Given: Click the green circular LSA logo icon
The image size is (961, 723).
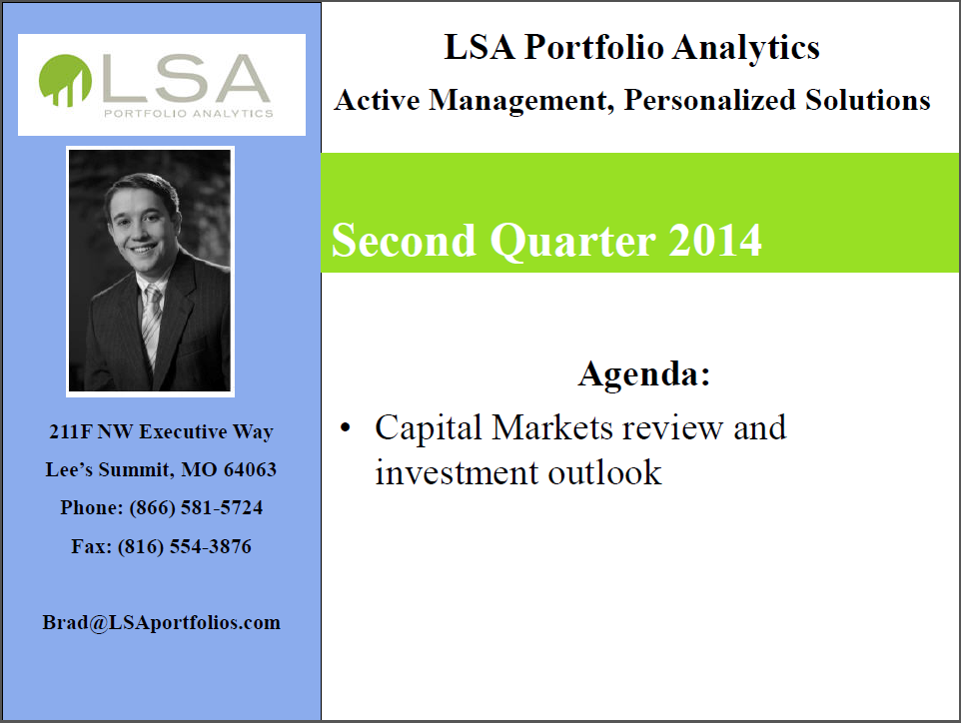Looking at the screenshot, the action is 65,80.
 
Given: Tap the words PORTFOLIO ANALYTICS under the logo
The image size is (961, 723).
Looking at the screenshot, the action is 189,114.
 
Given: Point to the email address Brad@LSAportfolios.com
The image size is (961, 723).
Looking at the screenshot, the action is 161,622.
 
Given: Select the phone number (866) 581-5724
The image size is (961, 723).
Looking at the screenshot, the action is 196,508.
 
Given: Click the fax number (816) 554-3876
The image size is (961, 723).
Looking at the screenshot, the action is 185,546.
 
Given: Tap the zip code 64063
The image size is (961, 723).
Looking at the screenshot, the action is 250,470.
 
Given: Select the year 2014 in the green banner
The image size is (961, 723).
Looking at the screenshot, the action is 715,241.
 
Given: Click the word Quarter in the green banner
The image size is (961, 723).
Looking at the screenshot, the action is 573,242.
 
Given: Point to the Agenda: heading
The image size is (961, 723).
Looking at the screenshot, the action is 644,373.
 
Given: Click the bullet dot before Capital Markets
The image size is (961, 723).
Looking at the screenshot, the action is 346,427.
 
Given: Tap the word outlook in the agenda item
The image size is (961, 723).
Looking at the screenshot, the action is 605,473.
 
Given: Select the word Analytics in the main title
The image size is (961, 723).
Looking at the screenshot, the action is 746,48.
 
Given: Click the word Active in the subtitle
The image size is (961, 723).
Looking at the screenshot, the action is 377,101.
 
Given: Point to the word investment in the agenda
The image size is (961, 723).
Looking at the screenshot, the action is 457,473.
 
